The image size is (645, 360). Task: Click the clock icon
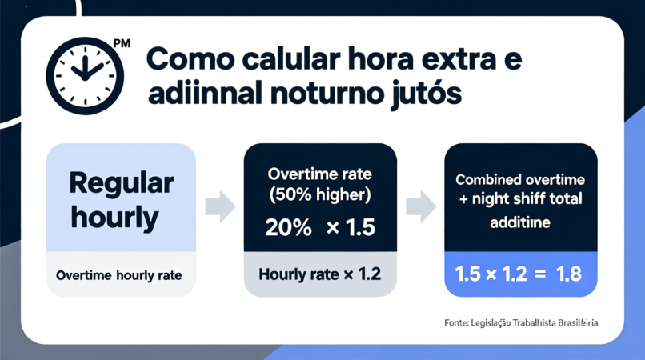click(85, 76)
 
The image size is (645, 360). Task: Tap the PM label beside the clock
click(122, 44)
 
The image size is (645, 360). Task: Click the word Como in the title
click(190, 59)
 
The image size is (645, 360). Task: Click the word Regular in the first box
click(122, 184)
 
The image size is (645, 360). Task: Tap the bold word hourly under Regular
click(114, 218)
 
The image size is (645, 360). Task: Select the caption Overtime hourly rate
click(119, 275)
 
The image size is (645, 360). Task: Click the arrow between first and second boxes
click(220, 206)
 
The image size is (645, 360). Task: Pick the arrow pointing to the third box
click(421, 206)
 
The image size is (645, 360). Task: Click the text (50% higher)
click(320, 194)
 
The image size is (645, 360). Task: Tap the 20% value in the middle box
click(288, 227)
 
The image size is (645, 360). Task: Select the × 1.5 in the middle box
click(351, 227)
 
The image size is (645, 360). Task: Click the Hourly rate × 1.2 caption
click(319, 274)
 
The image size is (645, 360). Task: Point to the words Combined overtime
click(520, 180)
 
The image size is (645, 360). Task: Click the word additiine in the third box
click(520, 222)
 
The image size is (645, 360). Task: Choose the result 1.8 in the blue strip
click(569, 274)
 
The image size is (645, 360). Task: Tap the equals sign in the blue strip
click(540, 274)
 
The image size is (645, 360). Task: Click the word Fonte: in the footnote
click(456, 323)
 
